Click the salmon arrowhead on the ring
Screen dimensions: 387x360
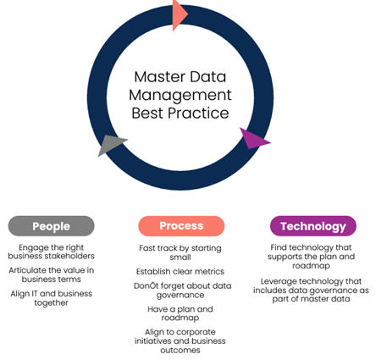tap(179, 14)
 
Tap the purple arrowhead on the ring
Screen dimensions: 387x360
tap(253, 139)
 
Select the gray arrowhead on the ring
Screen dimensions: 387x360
tap(111, 144)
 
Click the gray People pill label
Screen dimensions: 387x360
tap(51, 226)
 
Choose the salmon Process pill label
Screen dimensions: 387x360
tap(181, 226)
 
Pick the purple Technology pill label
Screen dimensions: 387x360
tap(313, 226)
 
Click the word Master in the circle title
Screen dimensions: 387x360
tap(160, 77)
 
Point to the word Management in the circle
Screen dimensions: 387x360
tap(180, 96)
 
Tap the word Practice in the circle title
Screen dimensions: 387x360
tap(198, 114)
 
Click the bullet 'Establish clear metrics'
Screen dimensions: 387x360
tap(180, 272)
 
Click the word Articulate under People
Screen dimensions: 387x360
tap(27, 270)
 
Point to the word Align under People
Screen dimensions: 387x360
tap(20, 294)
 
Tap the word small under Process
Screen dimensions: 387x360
tap(180, 258)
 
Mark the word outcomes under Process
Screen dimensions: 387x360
tap(180, 351)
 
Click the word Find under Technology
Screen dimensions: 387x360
tap(279, 247)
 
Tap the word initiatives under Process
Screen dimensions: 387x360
tap(153, 341)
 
